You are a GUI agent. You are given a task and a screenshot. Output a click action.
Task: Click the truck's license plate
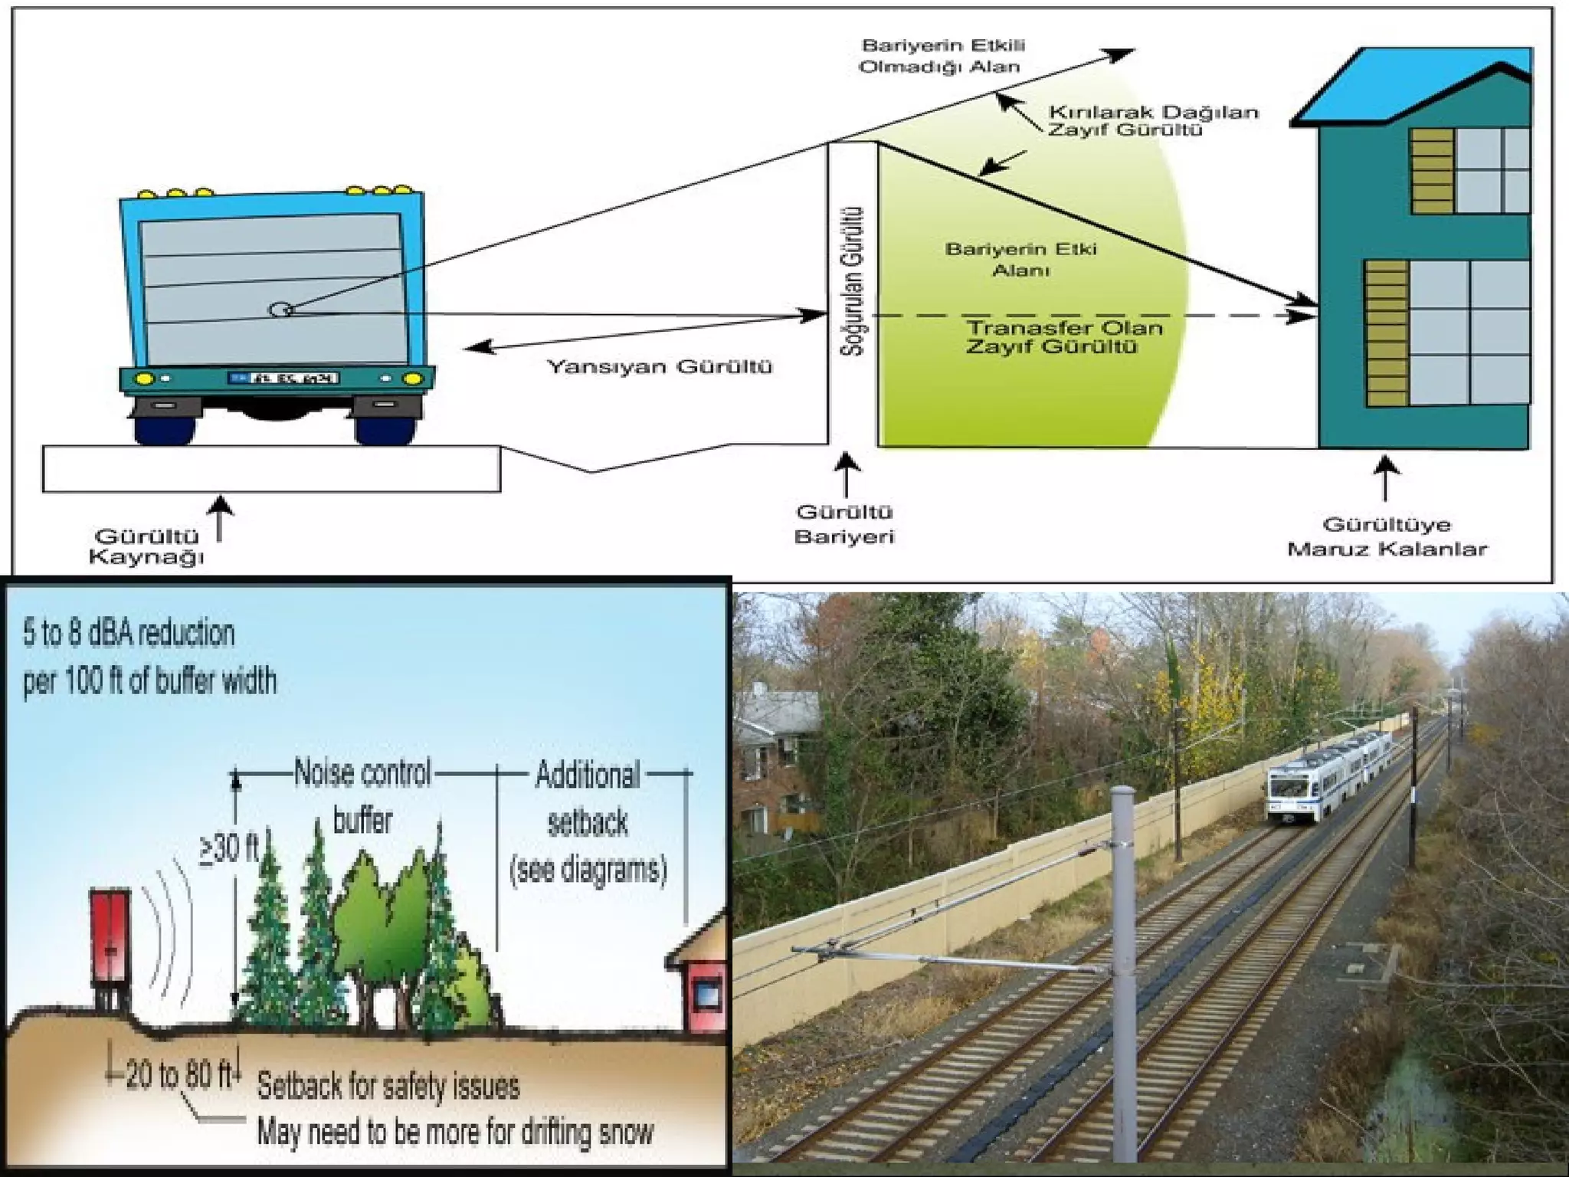tap(283, 378)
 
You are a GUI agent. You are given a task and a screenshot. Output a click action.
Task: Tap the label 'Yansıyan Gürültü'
tap(659, 367)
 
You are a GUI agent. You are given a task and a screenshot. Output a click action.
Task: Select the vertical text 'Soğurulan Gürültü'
tap(853, 281)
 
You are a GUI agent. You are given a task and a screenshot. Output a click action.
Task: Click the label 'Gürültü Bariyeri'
tap(844, 524)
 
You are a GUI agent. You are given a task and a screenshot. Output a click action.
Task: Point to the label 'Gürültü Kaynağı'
tap(146, 546)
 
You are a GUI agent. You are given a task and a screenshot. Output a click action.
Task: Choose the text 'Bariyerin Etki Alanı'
tap(1020, 260)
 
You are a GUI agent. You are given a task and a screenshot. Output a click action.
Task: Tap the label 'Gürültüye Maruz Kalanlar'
tap(1387, 536)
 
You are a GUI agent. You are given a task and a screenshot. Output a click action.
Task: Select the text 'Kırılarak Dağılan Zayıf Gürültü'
tap(1153, 120)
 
